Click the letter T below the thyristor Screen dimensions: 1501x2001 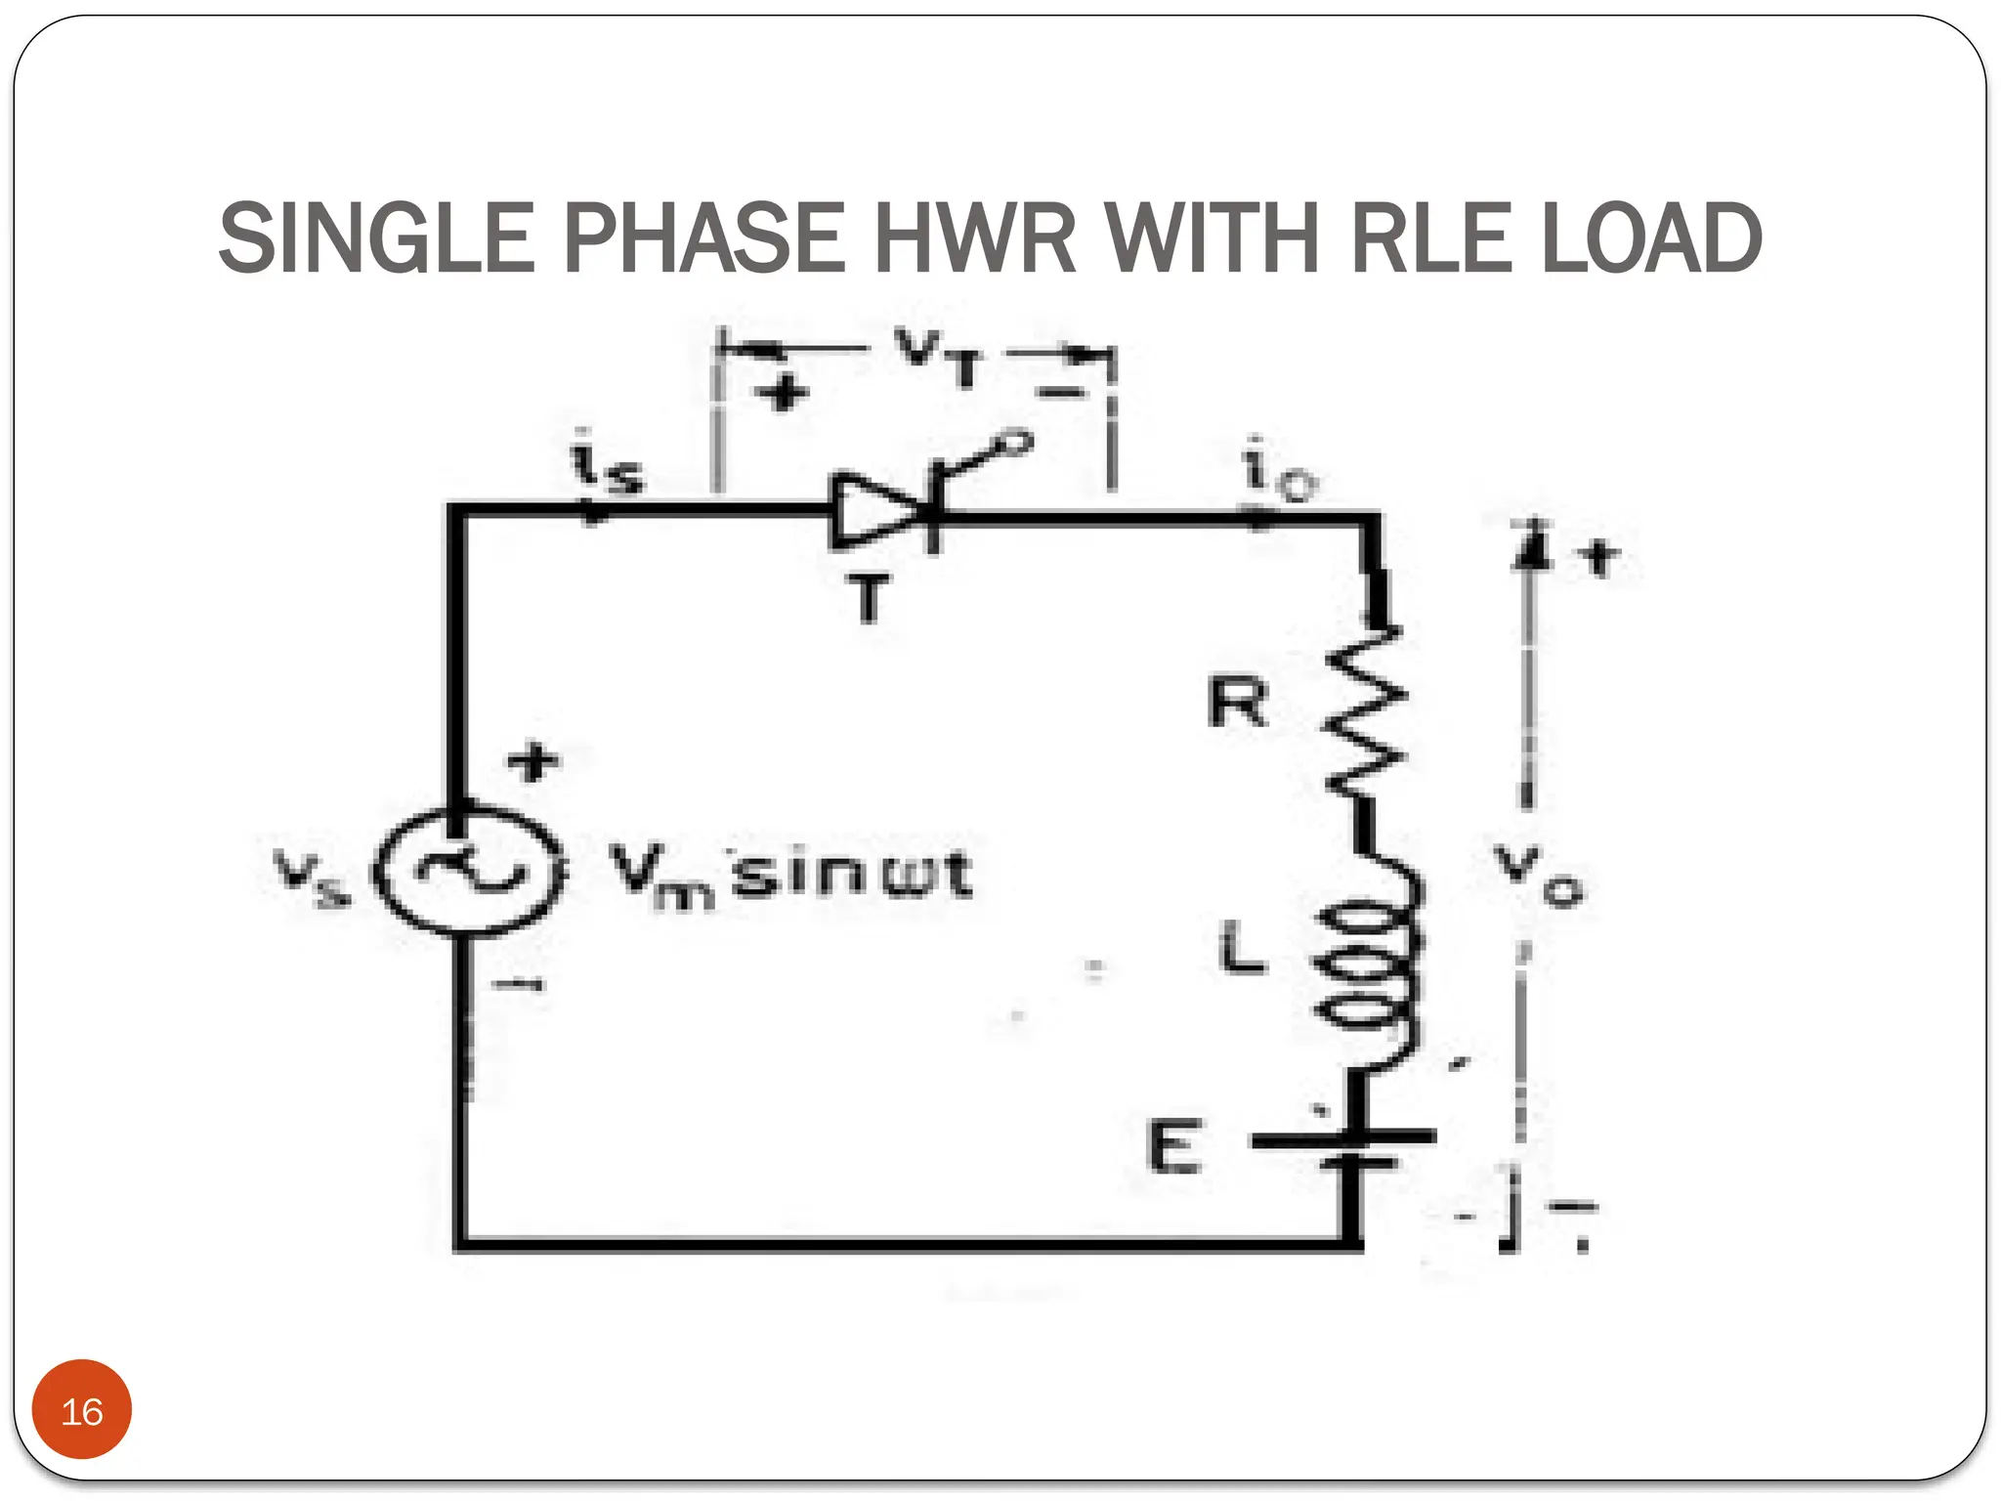tap(869, 598)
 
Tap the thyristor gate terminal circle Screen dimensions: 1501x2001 tap(1016, 445)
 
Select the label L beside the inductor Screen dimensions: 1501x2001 tap(1241, 948)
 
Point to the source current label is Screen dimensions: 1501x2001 tap(606, 463)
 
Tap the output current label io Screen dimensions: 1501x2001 tap(1278, 471)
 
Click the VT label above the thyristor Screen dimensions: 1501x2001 tap(938, 357)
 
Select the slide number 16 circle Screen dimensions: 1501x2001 tap(82, 1410)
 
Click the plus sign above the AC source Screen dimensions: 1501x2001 tap(533, 761)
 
